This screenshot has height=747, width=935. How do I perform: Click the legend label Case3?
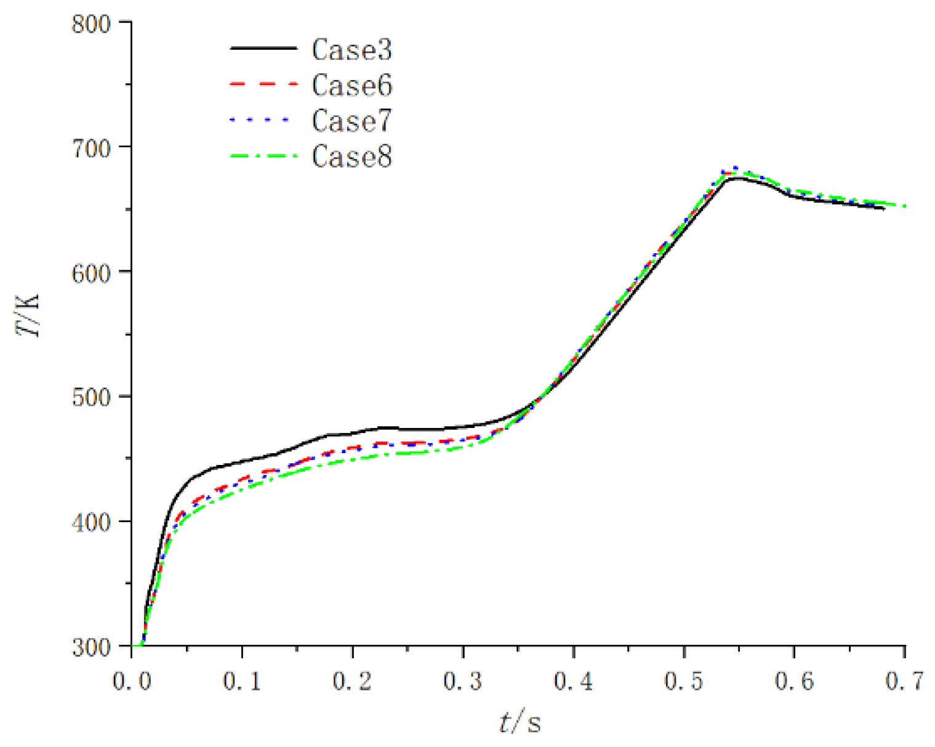pos(351,49)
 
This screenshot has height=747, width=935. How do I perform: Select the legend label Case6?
pos(351,85)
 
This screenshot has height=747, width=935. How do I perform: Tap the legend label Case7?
pos(351,121)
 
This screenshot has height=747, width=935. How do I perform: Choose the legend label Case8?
pos(351,156)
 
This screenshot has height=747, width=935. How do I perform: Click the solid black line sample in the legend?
pos(263,48)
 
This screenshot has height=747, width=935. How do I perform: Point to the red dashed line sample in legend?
pos(263,84)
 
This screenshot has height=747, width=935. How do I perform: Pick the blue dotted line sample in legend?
pos(263,120)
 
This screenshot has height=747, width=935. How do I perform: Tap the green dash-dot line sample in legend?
pos(263,156)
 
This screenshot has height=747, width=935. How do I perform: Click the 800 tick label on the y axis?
pos(90,25)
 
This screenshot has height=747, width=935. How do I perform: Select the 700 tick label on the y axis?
pos(90,148)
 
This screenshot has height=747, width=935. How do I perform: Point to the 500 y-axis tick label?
pos(90,397)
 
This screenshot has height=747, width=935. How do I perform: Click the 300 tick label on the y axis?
pos(90,647)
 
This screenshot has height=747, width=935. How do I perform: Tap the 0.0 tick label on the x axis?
pos(132,681)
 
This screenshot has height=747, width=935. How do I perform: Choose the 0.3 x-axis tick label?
pos(463,681)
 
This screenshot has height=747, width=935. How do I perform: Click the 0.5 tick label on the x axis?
pos(684,681)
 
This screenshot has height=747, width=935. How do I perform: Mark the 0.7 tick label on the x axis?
pos(904,681)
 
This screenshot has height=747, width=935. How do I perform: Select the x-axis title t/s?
pos(520,721)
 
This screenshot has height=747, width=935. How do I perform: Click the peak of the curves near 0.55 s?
pos(734,171)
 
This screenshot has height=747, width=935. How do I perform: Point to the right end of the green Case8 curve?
pos(904,206)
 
